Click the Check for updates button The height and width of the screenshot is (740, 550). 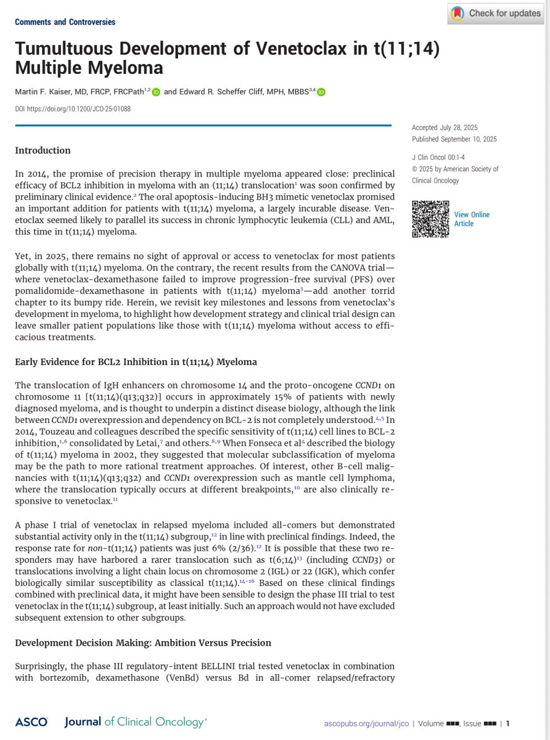pyautogui.click(x=498, y=13)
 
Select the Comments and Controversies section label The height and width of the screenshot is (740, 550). pyautogui.click(x=65, y=22)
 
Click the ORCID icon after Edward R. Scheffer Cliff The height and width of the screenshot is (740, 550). pyautogui.click(x=321, y=92)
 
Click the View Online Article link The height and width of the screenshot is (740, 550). pyautogui.click(x=472, y=219)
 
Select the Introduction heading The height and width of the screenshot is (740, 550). pyautogui.click(x=43, y=150)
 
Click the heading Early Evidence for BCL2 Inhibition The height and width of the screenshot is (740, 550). pyautogui.click(x=136, y=362)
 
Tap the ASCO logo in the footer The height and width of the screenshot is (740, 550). pyautogui.click(x=28, y=722)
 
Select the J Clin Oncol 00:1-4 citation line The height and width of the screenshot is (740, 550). pyautogui.click(x=445, y=158)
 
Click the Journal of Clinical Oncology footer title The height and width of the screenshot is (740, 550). pyautogui.click(x=136, y=722)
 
